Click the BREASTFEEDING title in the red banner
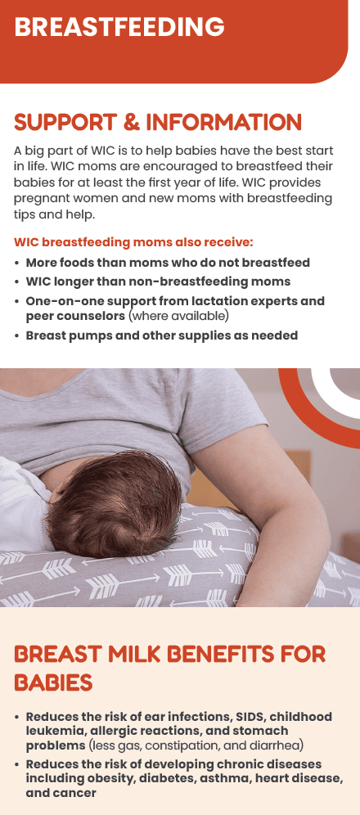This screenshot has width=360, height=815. (119, 27)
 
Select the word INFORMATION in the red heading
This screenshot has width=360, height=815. (224, 124)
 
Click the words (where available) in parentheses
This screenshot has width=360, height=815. (178, 315)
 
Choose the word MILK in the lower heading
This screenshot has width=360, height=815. (140, 655)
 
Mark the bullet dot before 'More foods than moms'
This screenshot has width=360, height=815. (18, 263)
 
